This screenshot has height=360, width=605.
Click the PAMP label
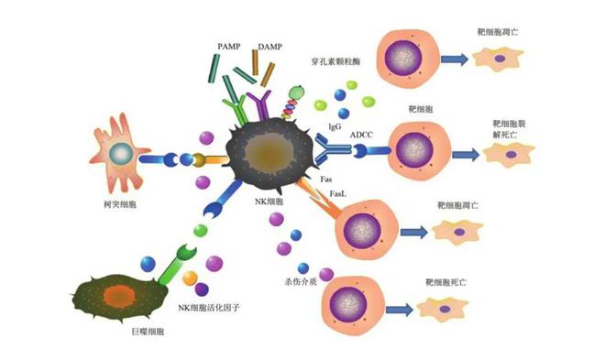tap(229, 44)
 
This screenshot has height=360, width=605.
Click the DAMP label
tap(270, 44)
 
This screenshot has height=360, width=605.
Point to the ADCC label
tap(361, 136)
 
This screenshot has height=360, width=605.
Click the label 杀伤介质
tap(301, 279)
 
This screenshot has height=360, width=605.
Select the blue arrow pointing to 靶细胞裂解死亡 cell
tap(464, 153)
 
